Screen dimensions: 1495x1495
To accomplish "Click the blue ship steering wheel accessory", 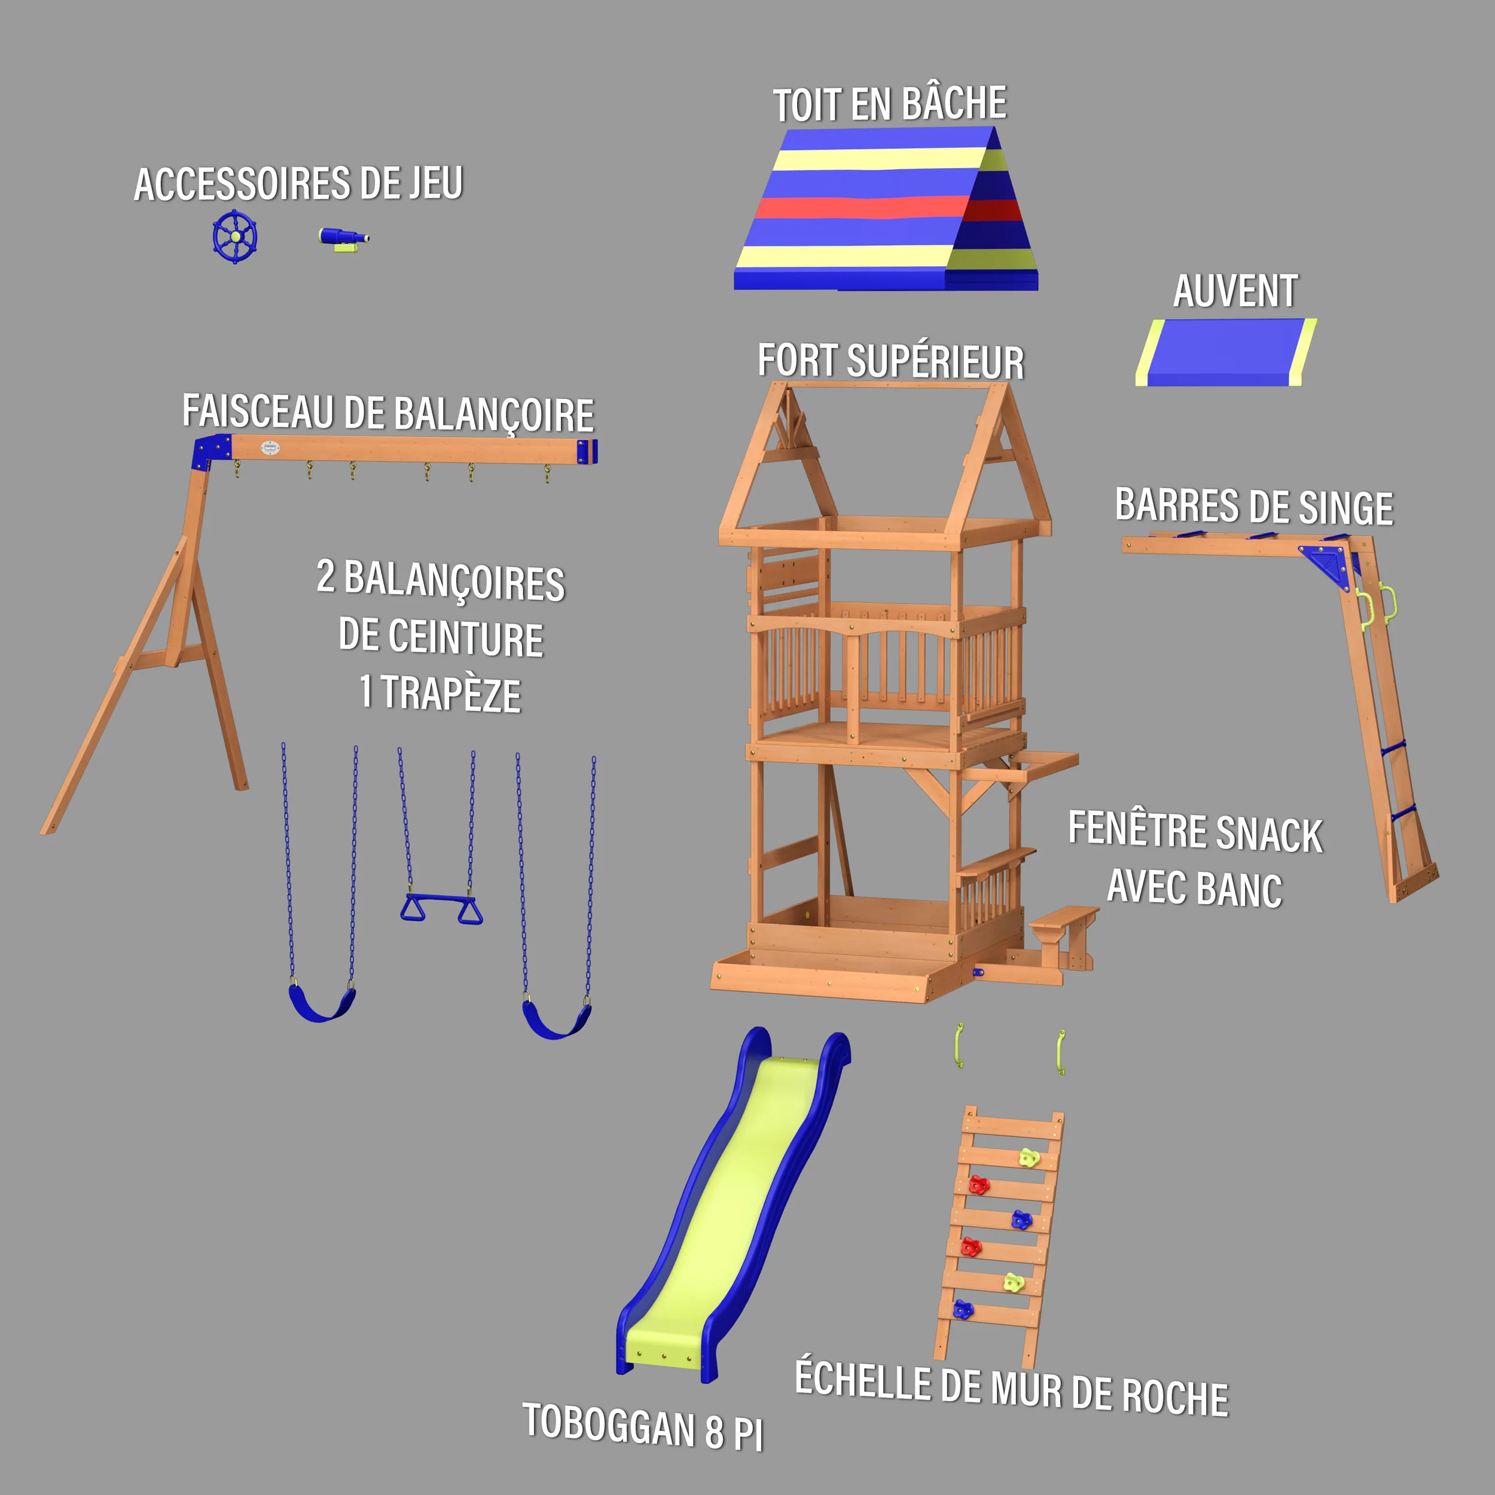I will (x=235, y=236).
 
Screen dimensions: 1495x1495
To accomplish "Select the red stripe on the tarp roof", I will (x=859, y=208).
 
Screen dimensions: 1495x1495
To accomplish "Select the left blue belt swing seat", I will (x=321, y=1005).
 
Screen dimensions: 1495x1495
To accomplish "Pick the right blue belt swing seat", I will (x=556, y=1021).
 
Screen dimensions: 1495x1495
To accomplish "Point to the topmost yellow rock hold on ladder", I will (x=1027, y=1158).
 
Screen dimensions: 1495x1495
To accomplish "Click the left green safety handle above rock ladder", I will (x=960, y=1045).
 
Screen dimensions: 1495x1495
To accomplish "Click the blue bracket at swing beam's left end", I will (x=210, y=451).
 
